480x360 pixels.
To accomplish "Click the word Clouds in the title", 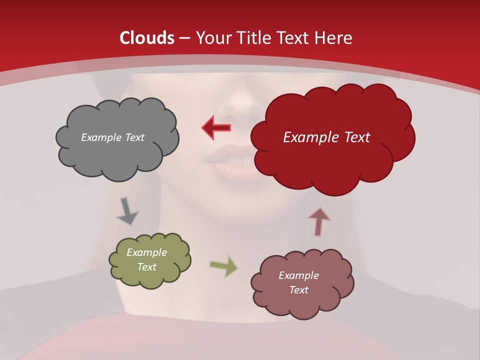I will point(147,38).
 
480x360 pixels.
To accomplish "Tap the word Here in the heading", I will point(333,38).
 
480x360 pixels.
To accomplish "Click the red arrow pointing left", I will point(216,128).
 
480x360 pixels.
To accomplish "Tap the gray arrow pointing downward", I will point(127,211).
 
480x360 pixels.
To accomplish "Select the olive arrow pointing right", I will point(224,266).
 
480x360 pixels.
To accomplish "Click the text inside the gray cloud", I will point(112,137).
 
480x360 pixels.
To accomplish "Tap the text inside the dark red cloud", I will point(326,137).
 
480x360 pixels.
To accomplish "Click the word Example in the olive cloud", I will point(146,252).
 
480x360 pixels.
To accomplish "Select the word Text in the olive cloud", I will point(146,267).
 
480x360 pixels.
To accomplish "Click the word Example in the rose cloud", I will point(298,275).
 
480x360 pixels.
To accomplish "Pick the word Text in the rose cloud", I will point(298,290).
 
